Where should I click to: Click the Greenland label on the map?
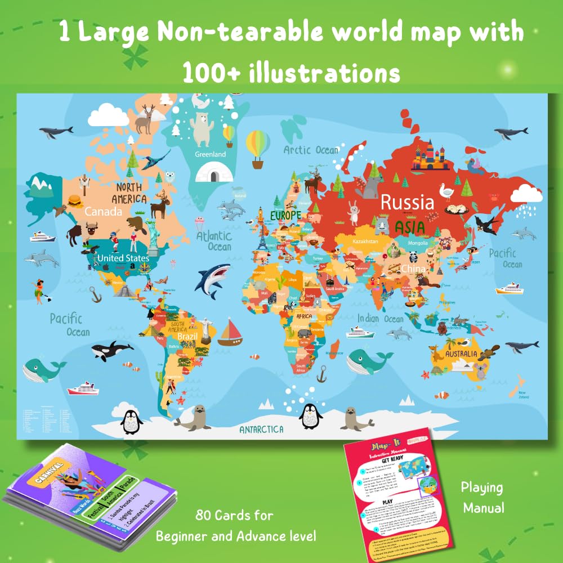(210, 154)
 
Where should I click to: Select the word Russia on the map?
(407, 202)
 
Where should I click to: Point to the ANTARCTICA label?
(261, 430)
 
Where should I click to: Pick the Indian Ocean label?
(381, 319)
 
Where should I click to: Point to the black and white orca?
(111, 351)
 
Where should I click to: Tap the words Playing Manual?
(481, 498)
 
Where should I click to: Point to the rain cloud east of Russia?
(526, 198)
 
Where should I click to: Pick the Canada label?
(104, 212)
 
